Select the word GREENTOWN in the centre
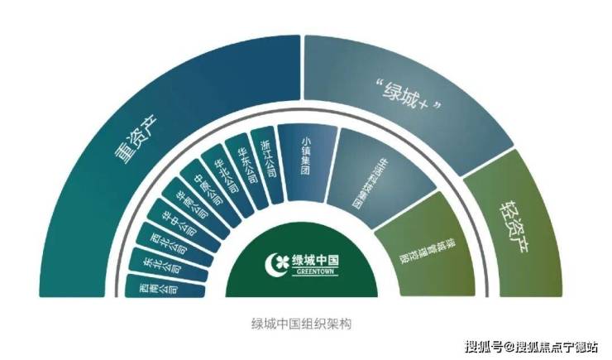315,273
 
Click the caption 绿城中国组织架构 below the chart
306,324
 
